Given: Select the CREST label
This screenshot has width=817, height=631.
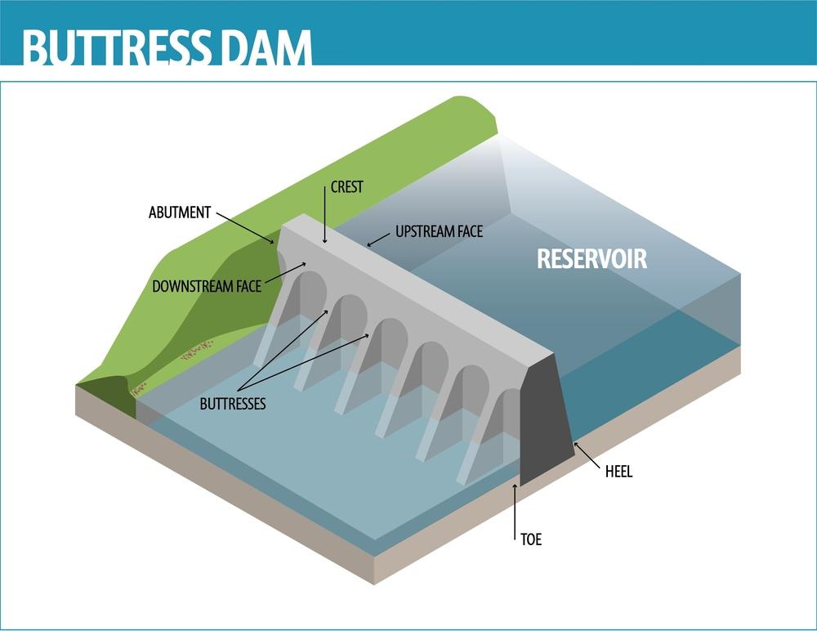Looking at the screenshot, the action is tap(346, 187).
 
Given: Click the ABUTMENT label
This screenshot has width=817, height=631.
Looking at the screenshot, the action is tap(180, 213).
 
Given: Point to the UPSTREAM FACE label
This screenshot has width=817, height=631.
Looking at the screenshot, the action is tap(439, 231).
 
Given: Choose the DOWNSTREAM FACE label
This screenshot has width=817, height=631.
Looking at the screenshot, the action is tap(207, 286).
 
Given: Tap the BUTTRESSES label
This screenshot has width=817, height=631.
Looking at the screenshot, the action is tap(233, 404).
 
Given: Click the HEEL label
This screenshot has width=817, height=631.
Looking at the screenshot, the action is tap(619, 472).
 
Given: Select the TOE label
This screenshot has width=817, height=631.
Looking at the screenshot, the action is tap(531, 539).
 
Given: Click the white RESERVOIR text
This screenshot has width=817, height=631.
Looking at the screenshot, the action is tap(592, 258).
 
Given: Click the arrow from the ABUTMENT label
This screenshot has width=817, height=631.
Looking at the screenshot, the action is tap(245, 228).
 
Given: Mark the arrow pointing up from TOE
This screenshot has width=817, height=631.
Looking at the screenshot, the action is tap(516, 511).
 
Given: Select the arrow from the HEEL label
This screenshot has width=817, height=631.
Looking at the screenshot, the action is tap(587, 455).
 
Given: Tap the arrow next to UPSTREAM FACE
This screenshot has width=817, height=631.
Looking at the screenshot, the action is tap(378, 239).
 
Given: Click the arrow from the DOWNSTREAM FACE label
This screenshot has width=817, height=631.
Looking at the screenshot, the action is tap(285, 273).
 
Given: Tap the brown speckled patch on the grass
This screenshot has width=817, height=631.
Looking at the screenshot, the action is tap(196, 351).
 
